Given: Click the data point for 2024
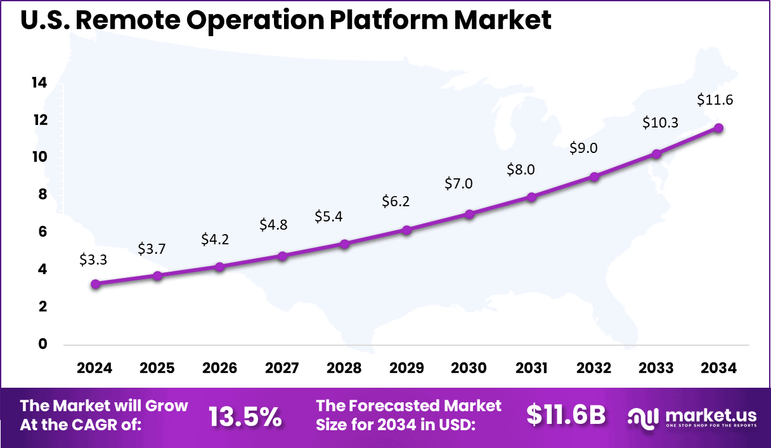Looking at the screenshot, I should point(95,284).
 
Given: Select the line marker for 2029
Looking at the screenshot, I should point(407,230).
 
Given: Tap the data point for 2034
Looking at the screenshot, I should point(718,128).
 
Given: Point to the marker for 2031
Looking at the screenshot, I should point(531,197).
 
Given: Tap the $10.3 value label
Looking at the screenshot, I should point(661,122).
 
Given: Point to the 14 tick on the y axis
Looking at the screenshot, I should point(39,82).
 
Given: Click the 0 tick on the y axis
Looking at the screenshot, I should point(43,344).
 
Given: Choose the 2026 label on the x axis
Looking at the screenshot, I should point(219,369).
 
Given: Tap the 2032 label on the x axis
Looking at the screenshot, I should point(593,369).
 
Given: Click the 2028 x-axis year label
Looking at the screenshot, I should point(344,369).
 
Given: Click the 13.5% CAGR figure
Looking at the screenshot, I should point(245,416).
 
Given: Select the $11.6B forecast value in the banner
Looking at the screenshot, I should point(566,415).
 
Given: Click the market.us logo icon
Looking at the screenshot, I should point(643,417).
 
